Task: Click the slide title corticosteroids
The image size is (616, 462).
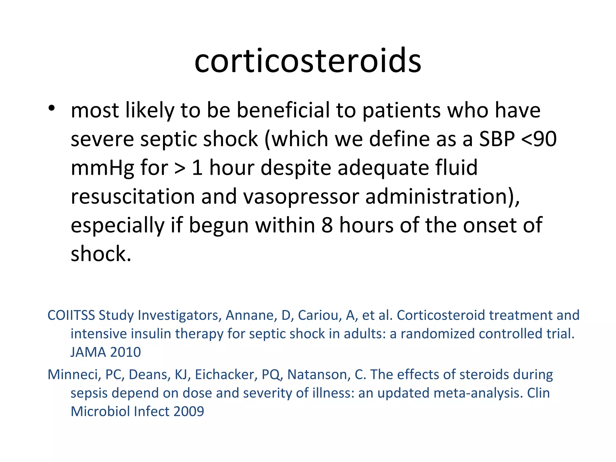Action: coord(308,61)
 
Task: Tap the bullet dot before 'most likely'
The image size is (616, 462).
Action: coord(52,108)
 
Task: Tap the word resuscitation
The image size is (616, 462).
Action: coord(133,196)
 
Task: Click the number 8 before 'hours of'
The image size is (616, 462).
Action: coord(327,225)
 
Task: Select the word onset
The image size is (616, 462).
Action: coord(490,225)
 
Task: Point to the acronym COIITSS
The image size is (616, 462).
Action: coord(71,315)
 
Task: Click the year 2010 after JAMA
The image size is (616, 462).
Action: coord(125,352)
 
